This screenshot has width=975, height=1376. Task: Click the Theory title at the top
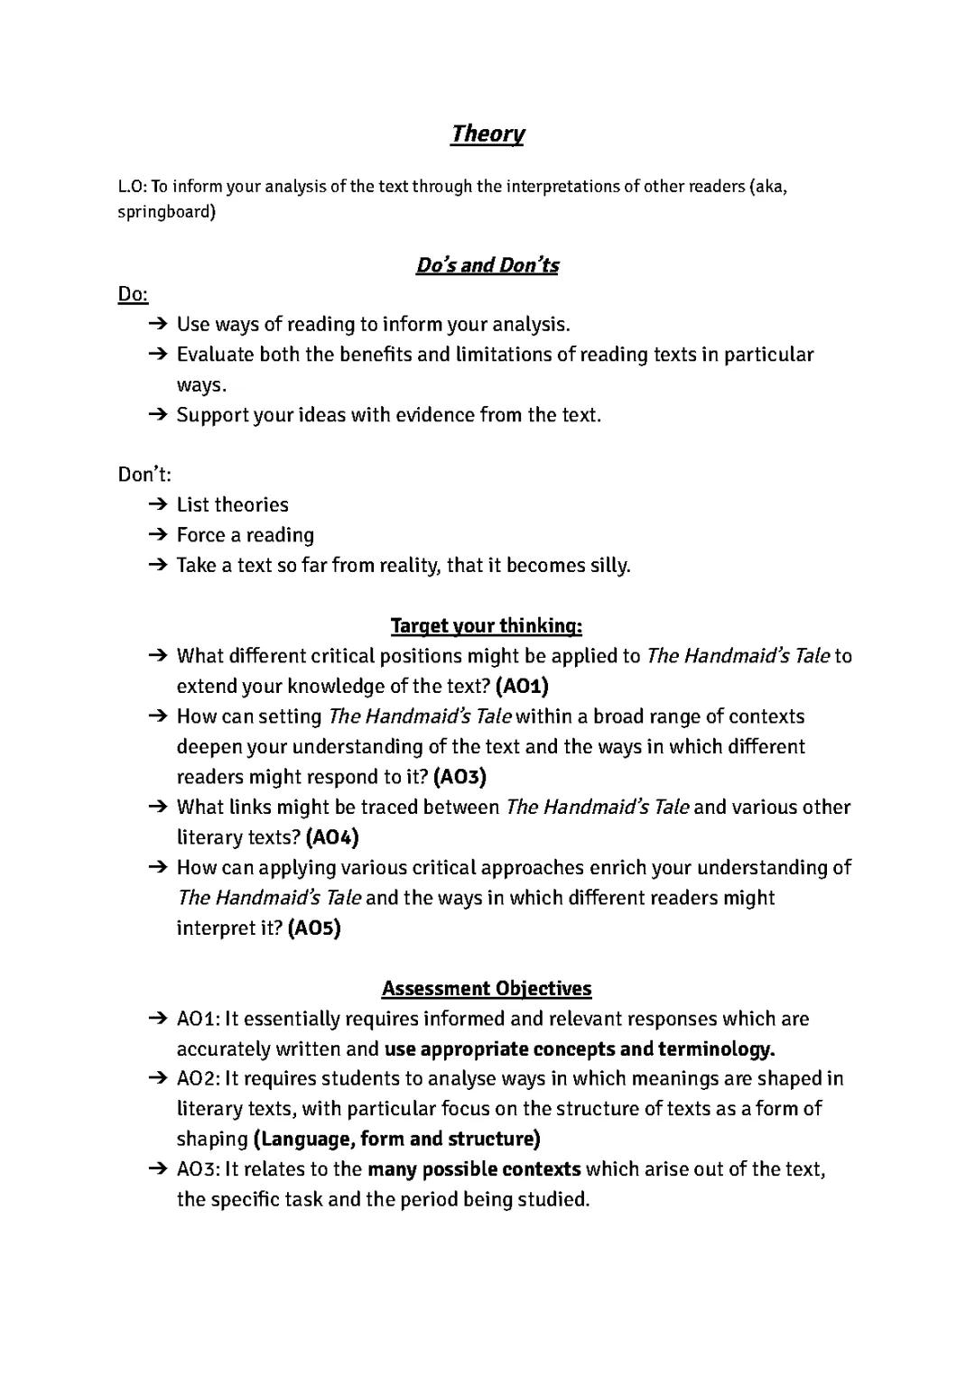click(x=487, y=134)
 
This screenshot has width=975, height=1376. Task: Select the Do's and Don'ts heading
click(x=487, y=265)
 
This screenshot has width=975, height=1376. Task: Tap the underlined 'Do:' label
click(x=133, y=295)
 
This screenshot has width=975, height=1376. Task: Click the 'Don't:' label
click(x=144, y=475)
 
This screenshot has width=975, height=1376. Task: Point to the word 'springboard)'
click(x=167, y=213)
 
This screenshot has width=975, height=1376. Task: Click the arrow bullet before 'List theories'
click(x=158, y=504)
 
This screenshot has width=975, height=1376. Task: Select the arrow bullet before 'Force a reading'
click(x=158, y=535)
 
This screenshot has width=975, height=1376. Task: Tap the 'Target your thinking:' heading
click(x=487, y=625)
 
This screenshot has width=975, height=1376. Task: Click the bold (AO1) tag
click(x=522, y=687)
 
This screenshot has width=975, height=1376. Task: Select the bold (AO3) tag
click(x=460, y=777)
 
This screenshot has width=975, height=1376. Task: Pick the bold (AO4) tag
click(x=332, y=837)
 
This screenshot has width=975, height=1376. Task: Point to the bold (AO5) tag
click(x=314, y=928)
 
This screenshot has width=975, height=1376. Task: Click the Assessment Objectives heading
click(x=487, y=989)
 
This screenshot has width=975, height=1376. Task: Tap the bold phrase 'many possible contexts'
click(x=474, y=1170)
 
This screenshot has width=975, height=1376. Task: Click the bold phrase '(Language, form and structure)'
click(x=396, y=1140)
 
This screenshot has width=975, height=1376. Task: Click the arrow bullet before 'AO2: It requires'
click(x=158, y=1079)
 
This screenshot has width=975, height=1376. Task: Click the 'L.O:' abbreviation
click(x=132, y=188)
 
